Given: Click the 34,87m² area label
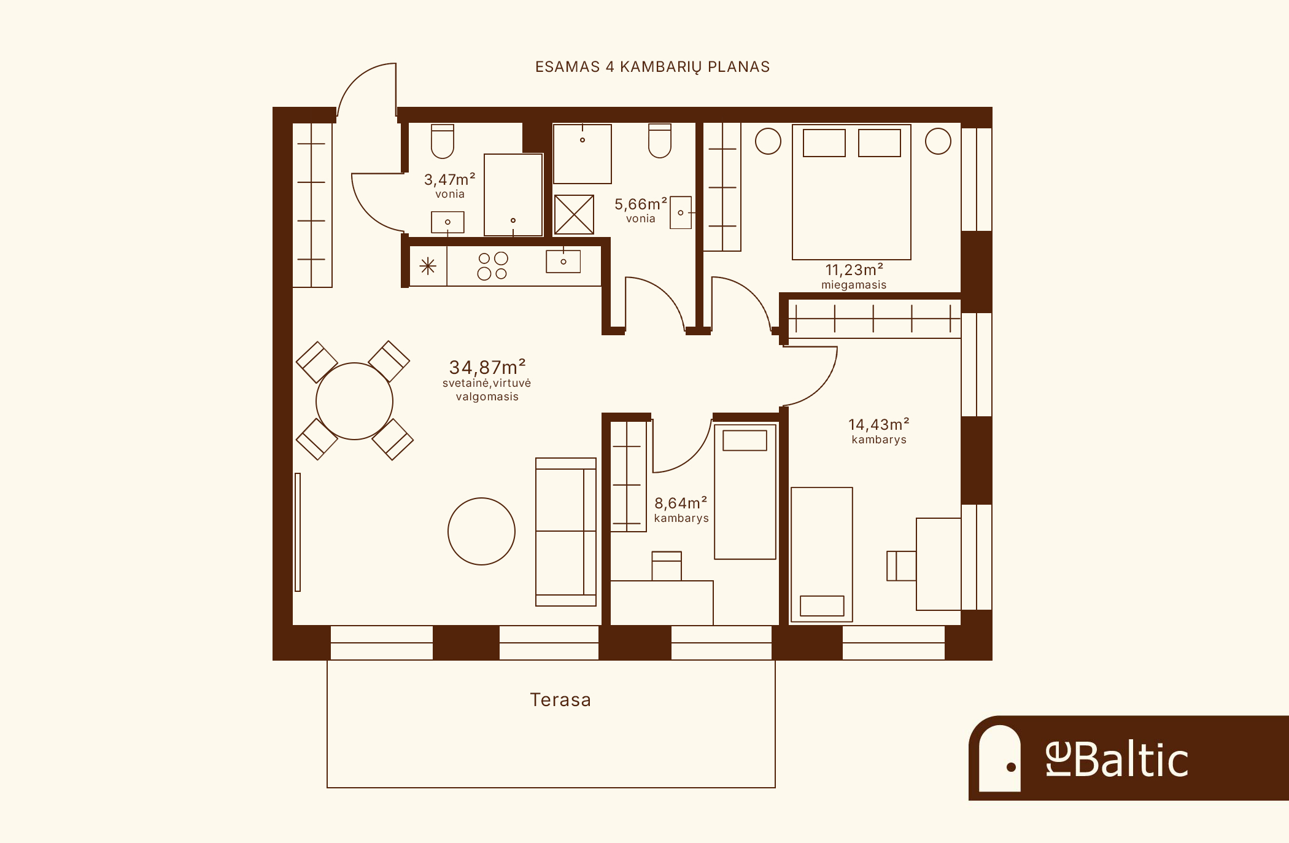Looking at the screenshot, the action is (487, 367).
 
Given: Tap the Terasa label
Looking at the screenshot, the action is (560, 700).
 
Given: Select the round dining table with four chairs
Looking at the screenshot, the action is (354, 401).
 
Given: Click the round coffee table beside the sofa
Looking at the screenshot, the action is (481, 531).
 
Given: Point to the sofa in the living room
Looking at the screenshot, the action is (566, 532).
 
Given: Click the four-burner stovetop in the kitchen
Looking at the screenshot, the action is (493, 266).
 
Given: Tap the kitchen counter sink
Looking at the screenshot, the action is (563, 262).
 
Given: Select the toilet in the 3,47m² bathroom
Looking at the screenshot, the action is (443, 141).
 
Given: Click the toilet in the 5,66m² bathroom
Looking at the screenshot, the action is (660, 141).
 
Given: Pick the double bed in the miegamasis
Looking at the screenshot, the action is (851, 192).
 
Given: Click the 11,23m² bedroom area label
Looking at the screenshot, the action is (854, 270).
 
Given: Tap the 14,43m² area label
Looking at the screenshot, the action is (879, 424).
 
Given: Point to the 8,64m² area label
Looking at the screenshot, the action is (681, 503).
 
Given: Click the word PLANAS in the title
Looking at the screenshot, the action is (739, 67).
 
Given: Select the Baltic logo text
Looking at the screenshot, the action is (1117, 759).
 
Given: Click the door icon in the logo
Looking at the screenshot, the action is (999, 758).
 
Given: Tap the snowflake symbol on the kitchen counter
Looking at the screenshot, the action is (428, 266).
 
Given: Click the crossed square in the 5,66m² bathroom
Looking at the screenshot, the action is (574, 214).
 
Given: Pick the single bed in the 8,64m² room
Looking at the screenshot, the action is (745, 491).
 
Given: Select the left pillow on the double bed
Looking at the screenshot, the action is (824, 142).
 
